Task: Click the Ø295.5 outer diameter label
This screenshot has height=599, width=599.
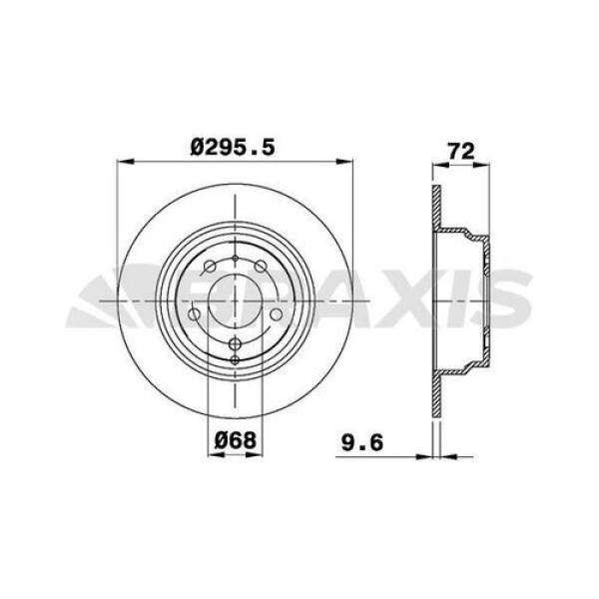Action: pyautogui.click(x=233, y=145)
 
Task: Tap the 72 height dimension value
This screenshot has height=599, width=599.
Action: pyautogui.click(x=460, y=152)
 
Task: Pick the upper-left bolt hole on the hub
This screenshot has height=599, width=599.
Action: pyautogui.click(x=211, y=267)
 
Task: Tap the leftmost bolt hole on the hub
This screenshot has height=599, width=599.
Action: pyautogui.click(x=196, y=311)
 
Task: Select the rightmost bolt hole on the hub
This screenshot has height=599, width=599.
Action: pyautogui.click(x=274, y=311)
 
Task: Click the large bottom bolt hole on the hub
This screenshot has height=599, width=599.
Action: pyautogui.click(x=235, y=344)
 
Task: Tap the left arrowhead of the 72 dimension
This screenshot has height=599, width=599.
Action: pyautogui.click(x=434, y=167)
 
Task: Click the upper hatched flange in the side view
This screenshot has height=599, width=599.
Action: pyautogui.click(x=435, y=210)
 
